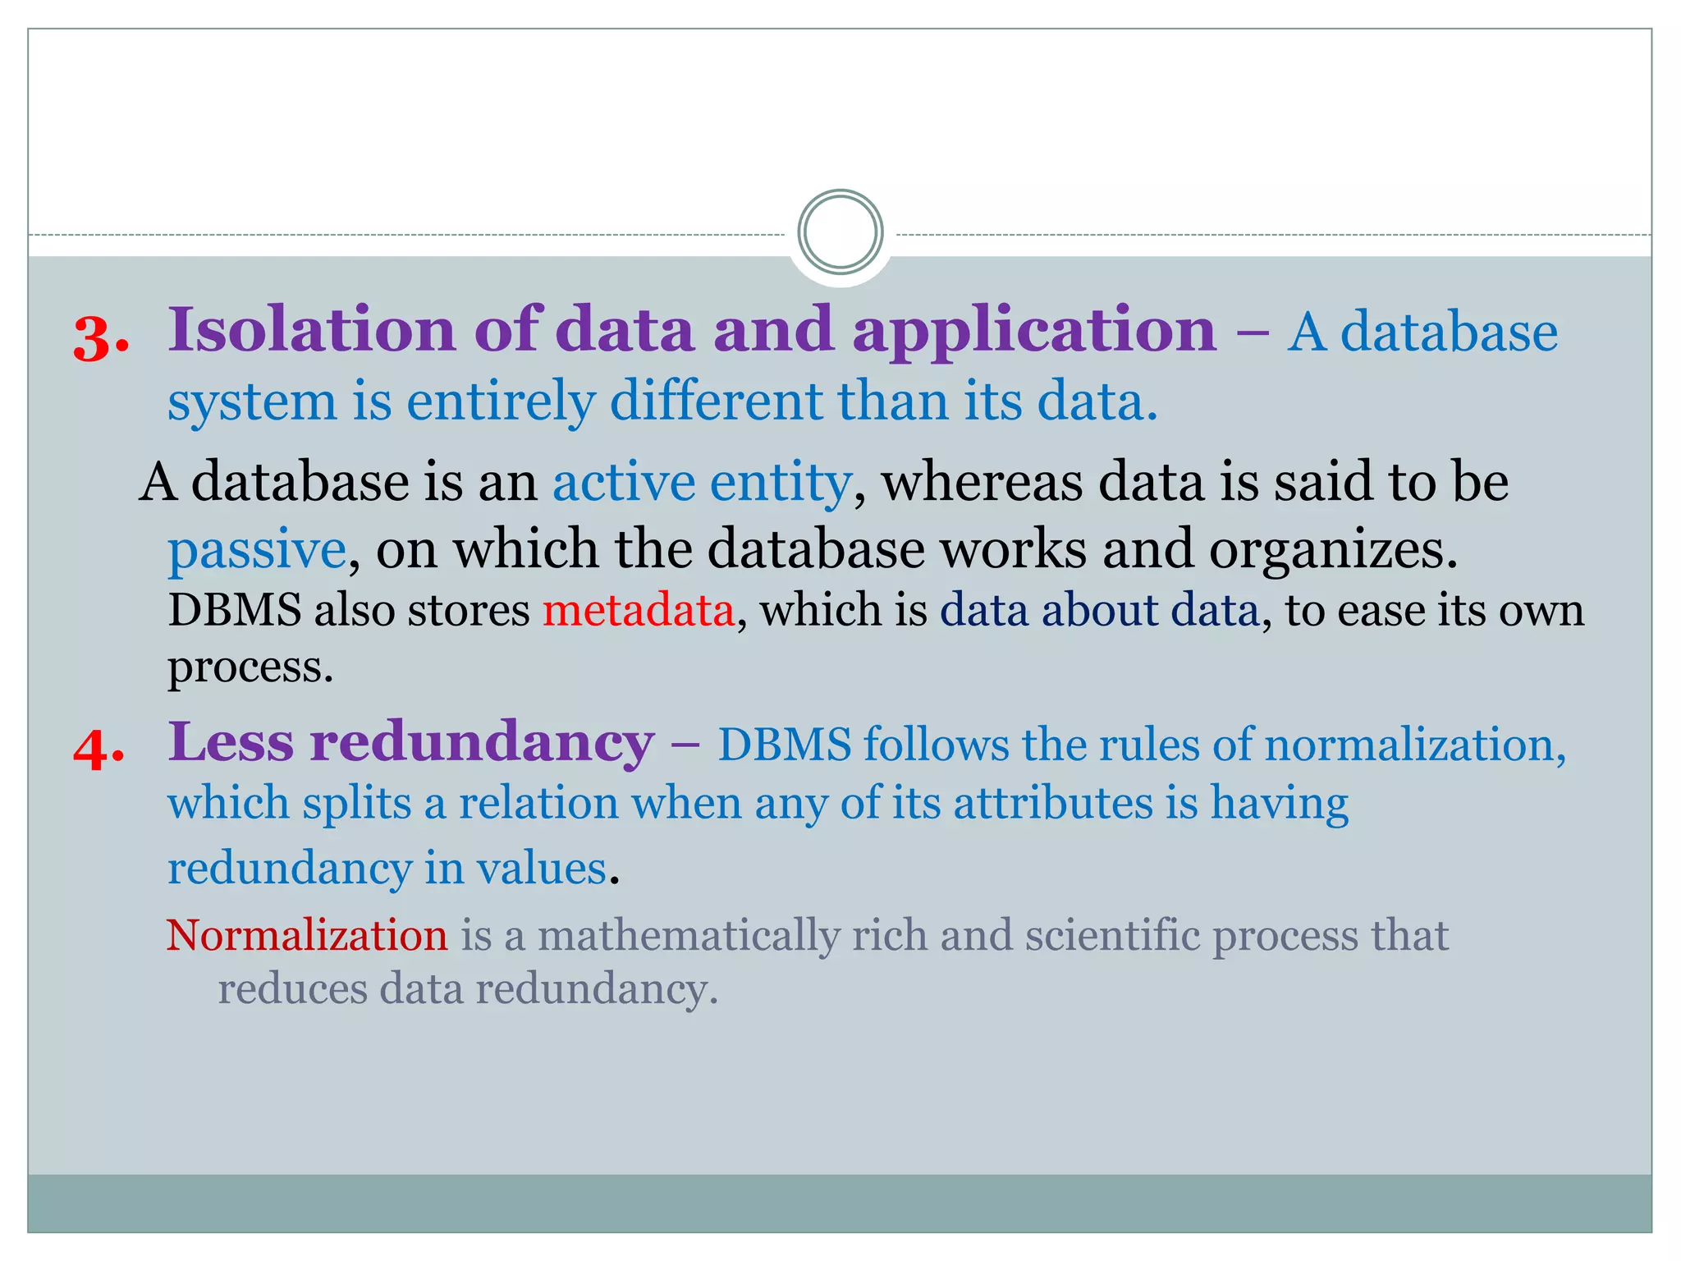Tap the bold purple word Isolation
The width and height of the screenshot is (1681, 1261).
(x=311, y=329)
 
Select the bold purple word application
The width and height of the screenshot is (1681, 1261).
(x=1033, y=331)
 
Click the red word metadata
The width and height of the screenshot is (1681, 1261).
(x=638, y=611)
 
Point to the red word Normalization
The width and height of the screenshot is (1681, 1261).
(x=307, y=935)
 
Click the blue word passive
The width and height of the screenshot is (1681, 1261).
(x=257, y=549)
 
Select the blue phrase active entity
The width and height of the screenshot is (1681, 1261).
(x=702, y=482)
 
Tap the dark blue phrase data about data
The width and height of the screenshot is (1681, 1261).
(x=1099, y=611)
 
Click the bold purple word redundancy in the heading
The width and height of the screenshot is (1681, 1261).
(x=482, y=742)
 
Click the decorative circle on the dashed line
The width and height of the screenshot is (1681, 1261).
(x=840, y=232)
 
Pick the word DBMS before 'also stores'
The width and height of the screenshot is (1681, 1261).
(x=234, y=611)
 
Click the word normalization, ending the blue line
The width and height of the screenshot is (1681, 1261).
(x=1414, y=745)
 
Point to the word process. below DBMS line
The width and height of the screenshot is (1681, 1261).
(x=250, y=667)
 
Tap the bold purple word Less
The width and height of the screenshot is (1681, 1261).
(x=231, y=742)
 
